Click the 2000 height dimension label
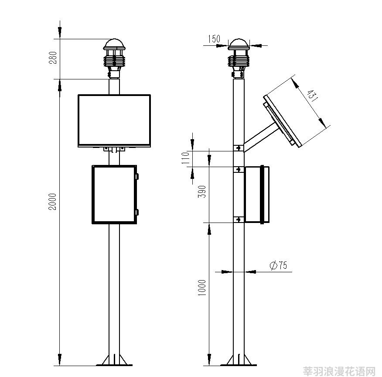click(x=52, y=202)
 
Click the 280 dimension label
click(x=53, y=58)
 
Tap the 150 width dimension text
click(x=214, y=39)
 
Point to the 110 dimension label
click(x=185, y=158)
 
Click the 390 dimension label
click(x=202, y=192)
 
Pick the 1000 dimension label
click(x=202, y=288)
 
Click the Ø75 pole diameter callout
click(x=279, y=265)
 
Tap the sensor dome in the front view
click(x=114, y=44)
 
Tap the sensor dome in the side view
click(x=239, y=44)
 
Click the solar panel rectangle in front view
click(x=114, y=120)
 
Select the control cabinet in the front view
click(x=114, y=195)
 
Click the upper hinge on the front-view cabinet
click(x=137, y=176)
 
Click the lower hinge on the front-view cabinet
click(x=137, y=212)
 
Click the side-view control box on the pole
click(x=257, y=195)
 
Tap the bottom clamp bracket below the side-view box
click(x=239, y=219)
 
